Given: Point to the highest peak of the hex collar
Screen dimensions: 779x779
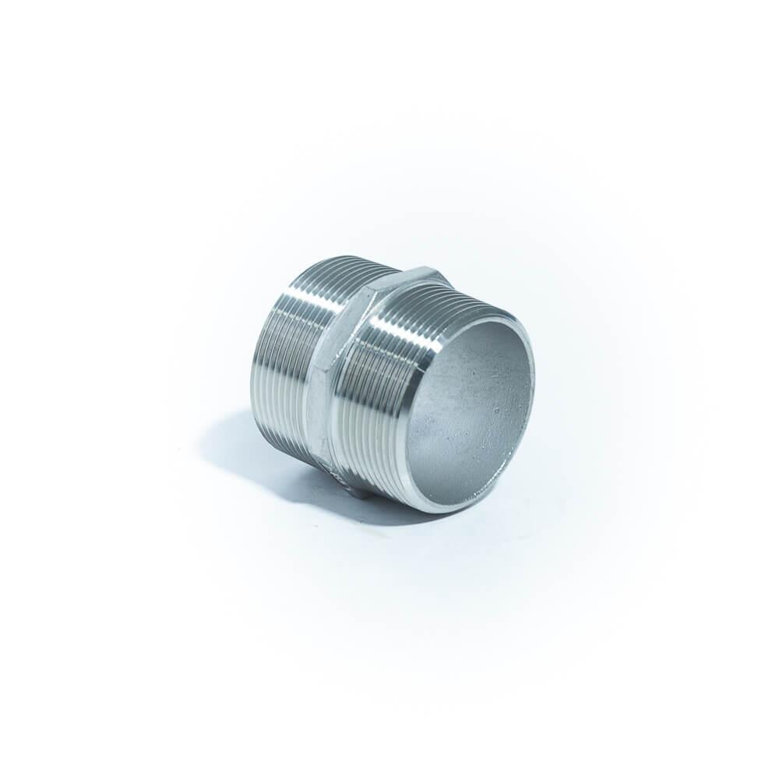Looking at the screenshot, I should (x=425, y=266).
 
